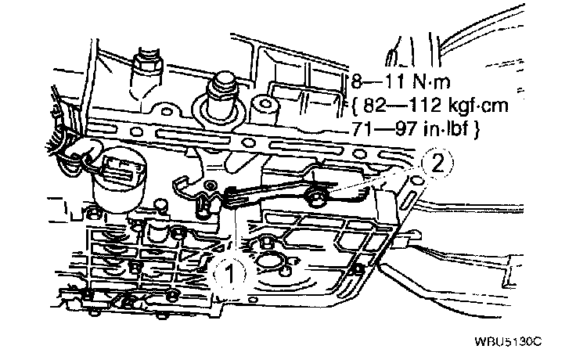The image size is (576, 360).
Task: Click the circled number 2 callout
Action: click(437, 164)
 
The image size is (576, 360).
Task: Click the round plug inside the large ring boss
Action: click(222, 92)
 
